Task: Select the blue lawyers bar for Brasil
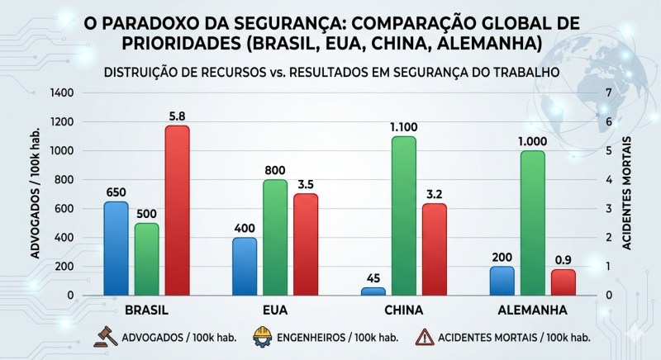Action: tap(116, 248)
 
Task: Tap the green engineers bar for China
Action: tap(403, 215)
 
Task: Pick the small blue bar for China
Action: tap(373, 291)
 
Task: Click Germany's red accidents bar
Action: tap(563, 282)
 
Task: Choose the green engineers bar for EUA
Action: tap(275, 237)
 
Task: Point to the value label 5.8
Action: tap(177, 116)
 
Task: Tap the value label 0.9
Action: tap(563, 260)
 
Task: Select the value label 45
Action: tap(373, 278)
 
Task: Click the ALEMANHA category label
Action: tap(532, 311)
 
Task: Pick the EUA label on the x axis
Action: tap(275, 311)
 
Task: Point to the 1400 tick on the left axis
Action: tap(62, 92)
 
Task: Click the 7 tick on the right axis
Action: tap(609, 92)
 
